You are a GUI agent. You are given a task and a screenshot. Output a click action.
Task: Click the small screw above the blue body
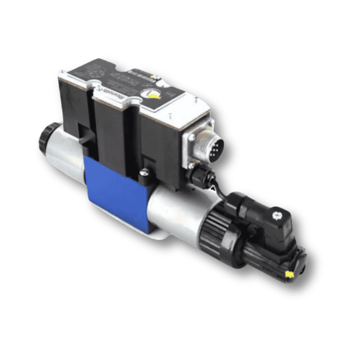point(144,172)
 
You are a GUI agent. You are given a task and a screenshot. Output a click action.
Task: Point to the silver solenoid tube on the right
point(180,211)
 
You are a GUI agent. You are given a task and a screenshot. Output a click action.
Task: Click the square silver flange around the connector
point(198,148)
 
